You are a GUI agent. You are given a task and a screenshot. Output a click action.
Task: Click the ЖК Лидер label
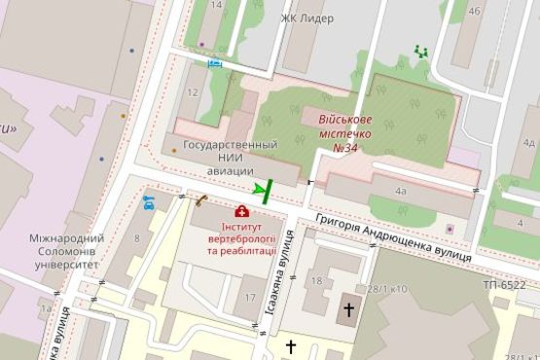tap(306, 18)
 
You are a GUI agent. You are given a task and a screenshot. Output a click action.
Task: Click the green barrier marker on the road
tap(262, 190)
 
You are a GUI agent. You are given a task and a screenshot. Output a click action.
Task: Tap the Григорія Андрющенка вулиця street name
tap(394, 238)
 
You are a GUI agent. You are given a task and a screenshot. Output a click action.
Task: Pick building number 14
tap(216, 5)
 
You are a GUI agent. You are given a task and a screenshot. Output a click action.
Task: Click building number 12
tap(192, 93)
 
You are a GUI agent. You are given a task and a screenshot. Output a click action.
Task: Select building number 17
tap(250, 298)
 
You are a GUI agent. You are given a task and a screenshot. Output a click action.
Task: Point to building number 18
tap(316, 281)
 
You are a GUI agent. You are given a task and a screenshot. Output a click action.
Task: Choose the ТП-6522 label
tap(503, 284)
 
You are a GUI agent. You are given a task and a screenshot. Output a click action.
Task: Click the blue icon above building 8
tap(149, 203)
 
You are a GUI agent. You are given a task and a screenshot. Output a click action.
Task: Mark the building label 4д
tap(528, 142)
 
